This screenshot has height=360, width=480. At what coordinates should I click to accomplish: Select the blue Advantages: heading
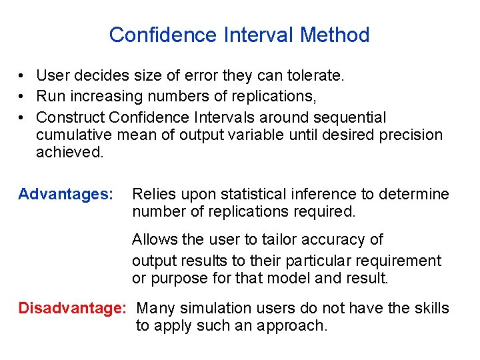coord(65,194)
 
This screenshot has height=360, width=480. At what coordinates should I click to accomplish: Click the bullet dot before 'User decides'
coord(22,77)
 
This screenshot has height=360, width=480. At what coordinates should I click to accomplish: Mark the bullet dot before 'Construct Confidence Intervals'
coord(22,118)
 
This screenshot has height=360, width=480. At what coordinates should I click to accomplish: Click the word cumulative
coord(74,135)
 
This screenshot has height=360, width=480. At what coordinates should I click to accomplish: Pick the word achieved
coord(69,152)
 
